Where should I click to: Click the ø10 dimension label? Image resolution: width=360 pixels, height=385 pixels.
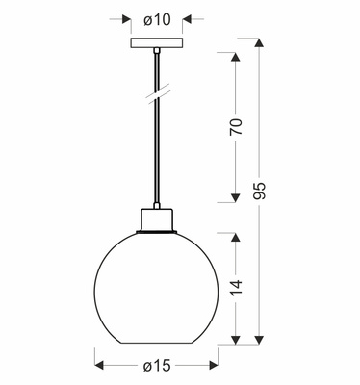154,17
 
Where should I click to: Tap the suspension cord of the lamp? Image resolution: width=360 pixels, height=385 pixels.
154,144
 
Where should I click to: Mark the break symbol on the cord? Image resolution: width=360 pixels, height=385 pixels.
154,96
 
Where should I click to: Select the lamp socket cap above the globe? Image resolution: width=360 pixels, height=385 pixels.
154,219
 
